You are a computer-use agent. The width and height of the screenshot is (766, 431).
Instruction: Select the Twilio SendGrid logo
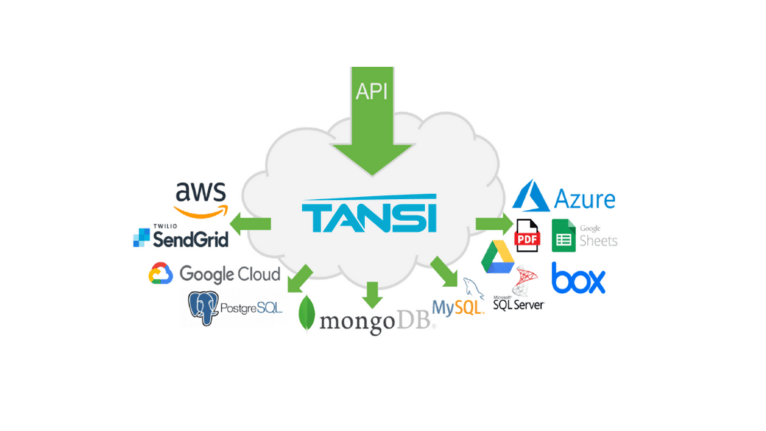pyautogui.click(x=181, y=236)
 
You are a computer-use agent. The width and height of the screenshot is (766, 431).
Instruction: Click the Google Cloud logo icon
pyautogui.click(x=160, y=273)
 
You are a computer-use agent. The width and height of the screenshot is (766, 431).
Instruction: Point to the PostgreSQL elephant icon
pyautogui.click(x=203, y=308)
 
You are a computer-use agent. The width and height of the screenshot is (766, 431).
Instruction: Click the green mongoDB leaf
pyautogui.click(x=307, y=314)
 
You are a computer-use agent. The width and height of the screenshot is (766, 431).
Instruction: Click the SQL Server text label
pyautogui.click(x=518, y=304)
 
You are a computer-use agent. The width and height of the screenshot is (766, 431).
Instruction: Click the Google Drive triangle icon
pyautogui.click(x=497, y=257)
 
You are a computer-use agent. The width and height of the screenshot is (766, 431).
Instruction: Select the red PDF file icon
pyautogui.click(x=528, y=236)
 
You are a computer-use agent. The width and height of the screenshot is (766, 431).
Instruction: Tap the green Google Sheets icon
pyautogui.click(x=564, y=236)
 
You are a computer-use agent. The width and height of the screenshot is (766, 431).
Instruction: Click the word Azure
pyautogui.click(x=584, y=199)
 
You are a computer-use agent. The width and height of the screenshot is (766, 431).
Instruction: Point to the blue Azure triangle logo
pyautogui.click(x=530, y=195)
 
